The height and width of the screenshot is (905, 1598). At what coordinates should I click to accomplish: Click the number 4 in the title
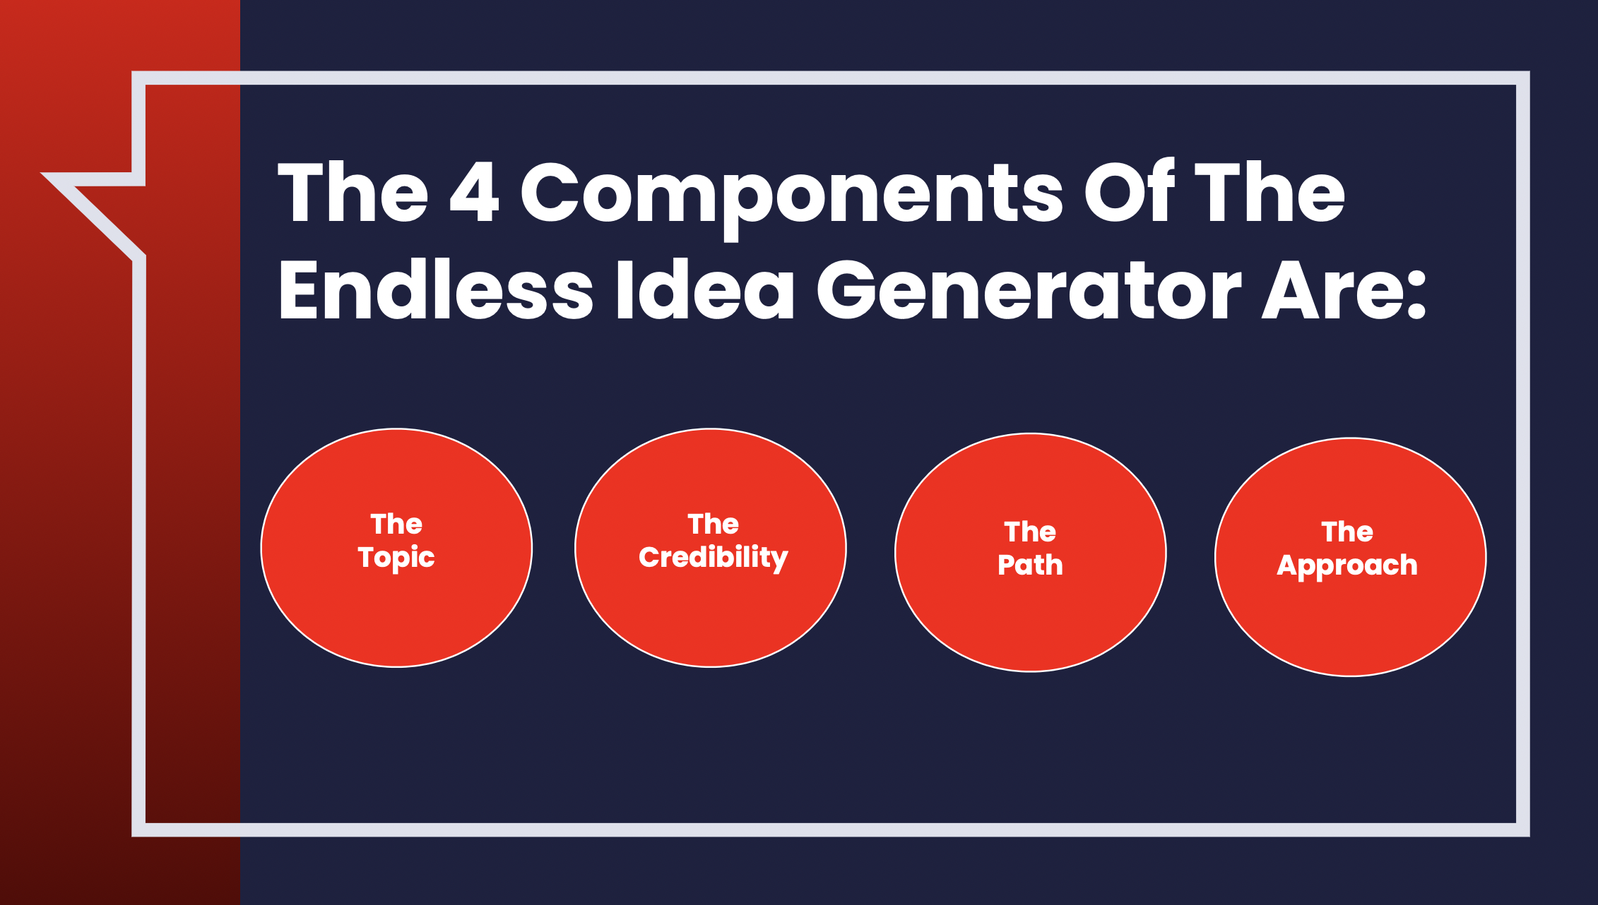[x=474, y=192]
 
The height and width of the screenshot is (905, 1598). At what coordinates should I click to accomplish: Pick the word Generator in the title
[x=1028, y=289]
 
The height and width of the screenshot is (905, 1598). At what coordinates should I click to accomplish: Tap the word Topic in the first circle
[x=396, y=558]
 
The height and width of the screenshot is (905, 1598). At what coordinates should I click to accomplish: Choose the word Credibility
[x=713, y=558]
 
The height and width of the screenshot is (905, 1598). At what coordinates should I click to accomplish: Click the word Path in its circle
[x=1030, y=565]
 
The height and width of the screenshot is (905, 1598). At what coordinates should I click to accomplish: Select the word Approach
[x=1347, y=565]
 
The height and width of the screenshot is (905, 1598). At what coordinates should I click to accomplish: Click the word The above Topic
[x=396, y=525]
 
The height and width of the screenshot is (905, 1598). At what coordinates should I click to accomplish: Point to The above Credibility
[x=713, y=525]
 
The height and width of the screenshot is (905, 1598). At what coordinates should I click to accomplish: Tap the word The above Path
[x=1030, y=532]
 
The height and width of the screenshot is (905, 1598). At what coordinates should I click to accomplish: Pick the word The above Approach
[x=1347, y=532]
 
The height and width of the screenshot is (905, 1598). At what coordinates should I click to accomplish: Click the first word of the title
[x=353, y=192]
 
